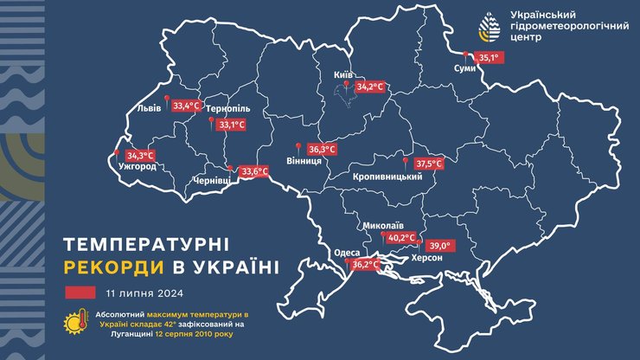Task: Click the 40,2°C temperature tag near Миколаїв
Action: (x=400, y=237)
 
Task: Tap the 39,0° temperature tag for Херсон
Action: (x=441, y=245)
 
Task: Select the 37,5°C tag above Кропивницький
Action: (x=428, y=164)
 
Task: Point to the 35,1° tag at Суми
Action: (x=490, y=58)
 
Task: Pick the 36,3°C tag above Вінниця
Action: (x=321, y=148)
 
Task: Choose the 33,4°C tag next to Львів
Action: (x=186, y=106)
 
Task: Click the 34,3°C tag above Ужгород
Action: (x=140, y=155)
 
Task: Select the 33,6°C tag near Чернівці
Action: (x=253, y=171)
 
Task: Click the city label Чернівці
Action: (x=212, y=182)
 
